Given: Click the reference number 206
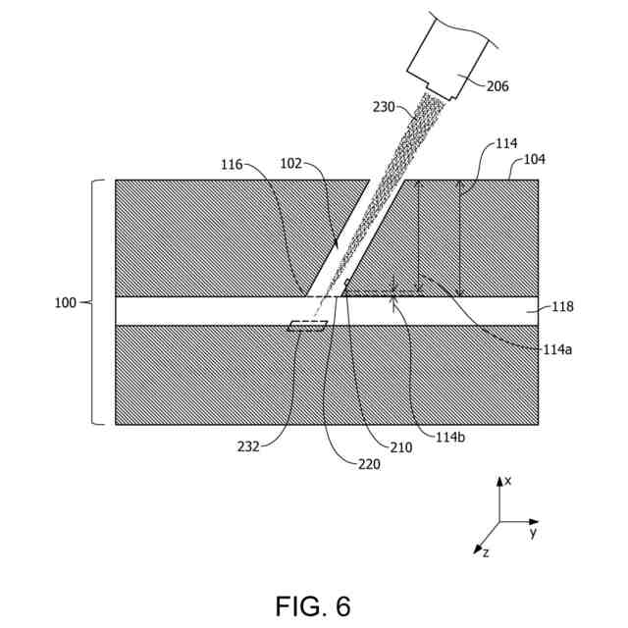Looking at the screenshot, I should coord(497,86).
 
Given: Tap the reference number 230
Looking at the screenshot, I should coord(385,106).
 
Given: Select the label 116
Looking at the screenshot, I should coord(232,166).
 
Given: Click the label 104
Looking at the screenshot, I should coord(535,158).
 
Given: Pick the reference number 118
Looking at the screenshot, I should coord(562,307).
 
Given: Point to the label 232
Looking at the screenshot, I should coord(248,446).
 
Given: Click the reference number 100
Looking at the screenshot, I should coord(66,302).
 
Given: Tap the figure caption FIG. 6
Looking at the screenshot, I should coord(313,605).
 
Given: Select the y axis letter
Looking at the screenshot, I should coord(533,533).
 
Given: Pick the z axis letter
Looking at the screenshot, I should coord(484,553).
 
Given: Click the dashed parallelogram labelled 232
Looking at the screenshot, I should coord(307,328).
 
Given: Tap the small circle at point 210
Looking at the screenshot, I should coord(346,288).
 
